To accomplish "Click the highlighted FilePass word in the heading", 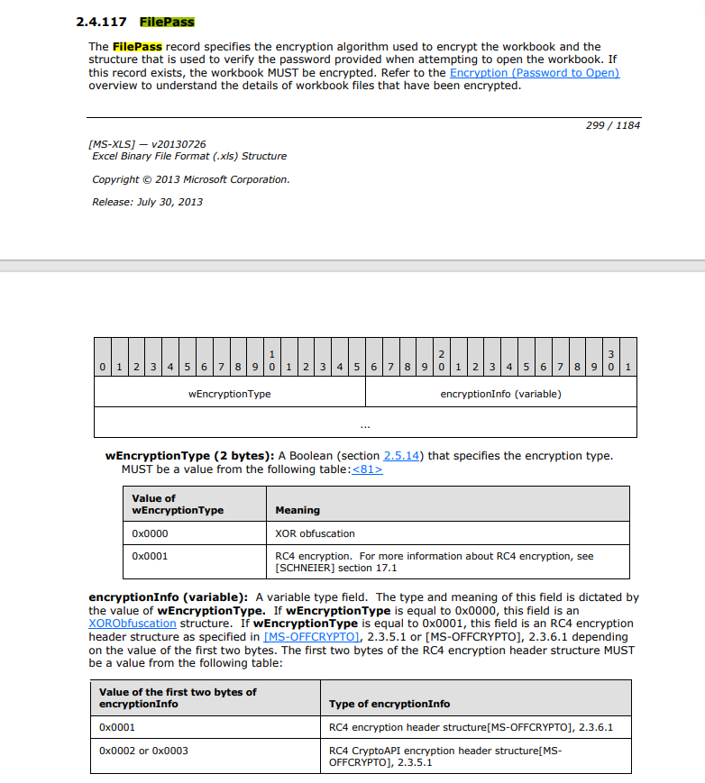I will [x=167, y=22].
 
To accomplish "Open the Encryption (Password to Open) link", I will [x=534, y=72].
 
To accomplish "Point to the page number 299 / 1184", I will [x=612, y=125].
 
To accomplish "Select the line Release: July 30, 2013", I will [x=147, y=202].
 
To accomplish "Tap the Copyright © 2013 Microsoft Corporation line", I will [x=191, y=179].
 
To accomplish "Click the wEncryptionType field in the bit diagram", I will [x=229, y=394].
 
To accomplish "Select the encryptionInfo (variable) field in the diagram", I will [x=500, y=394].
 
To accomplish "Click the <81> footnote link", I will [x=367, y=469].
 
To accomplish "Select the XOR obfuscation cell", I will [x=315, y=533].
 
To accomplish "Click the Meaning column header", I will [x=297, y=510].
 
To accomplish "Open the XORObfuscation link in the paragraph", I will [x=133, y=623].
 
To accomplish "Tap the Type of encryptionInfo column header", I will [x=389, y=704].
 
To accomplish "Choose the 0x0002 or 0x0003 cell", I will [x=143, y=750].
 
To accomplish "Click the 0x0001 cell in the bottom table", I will [x=117, y=726].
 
